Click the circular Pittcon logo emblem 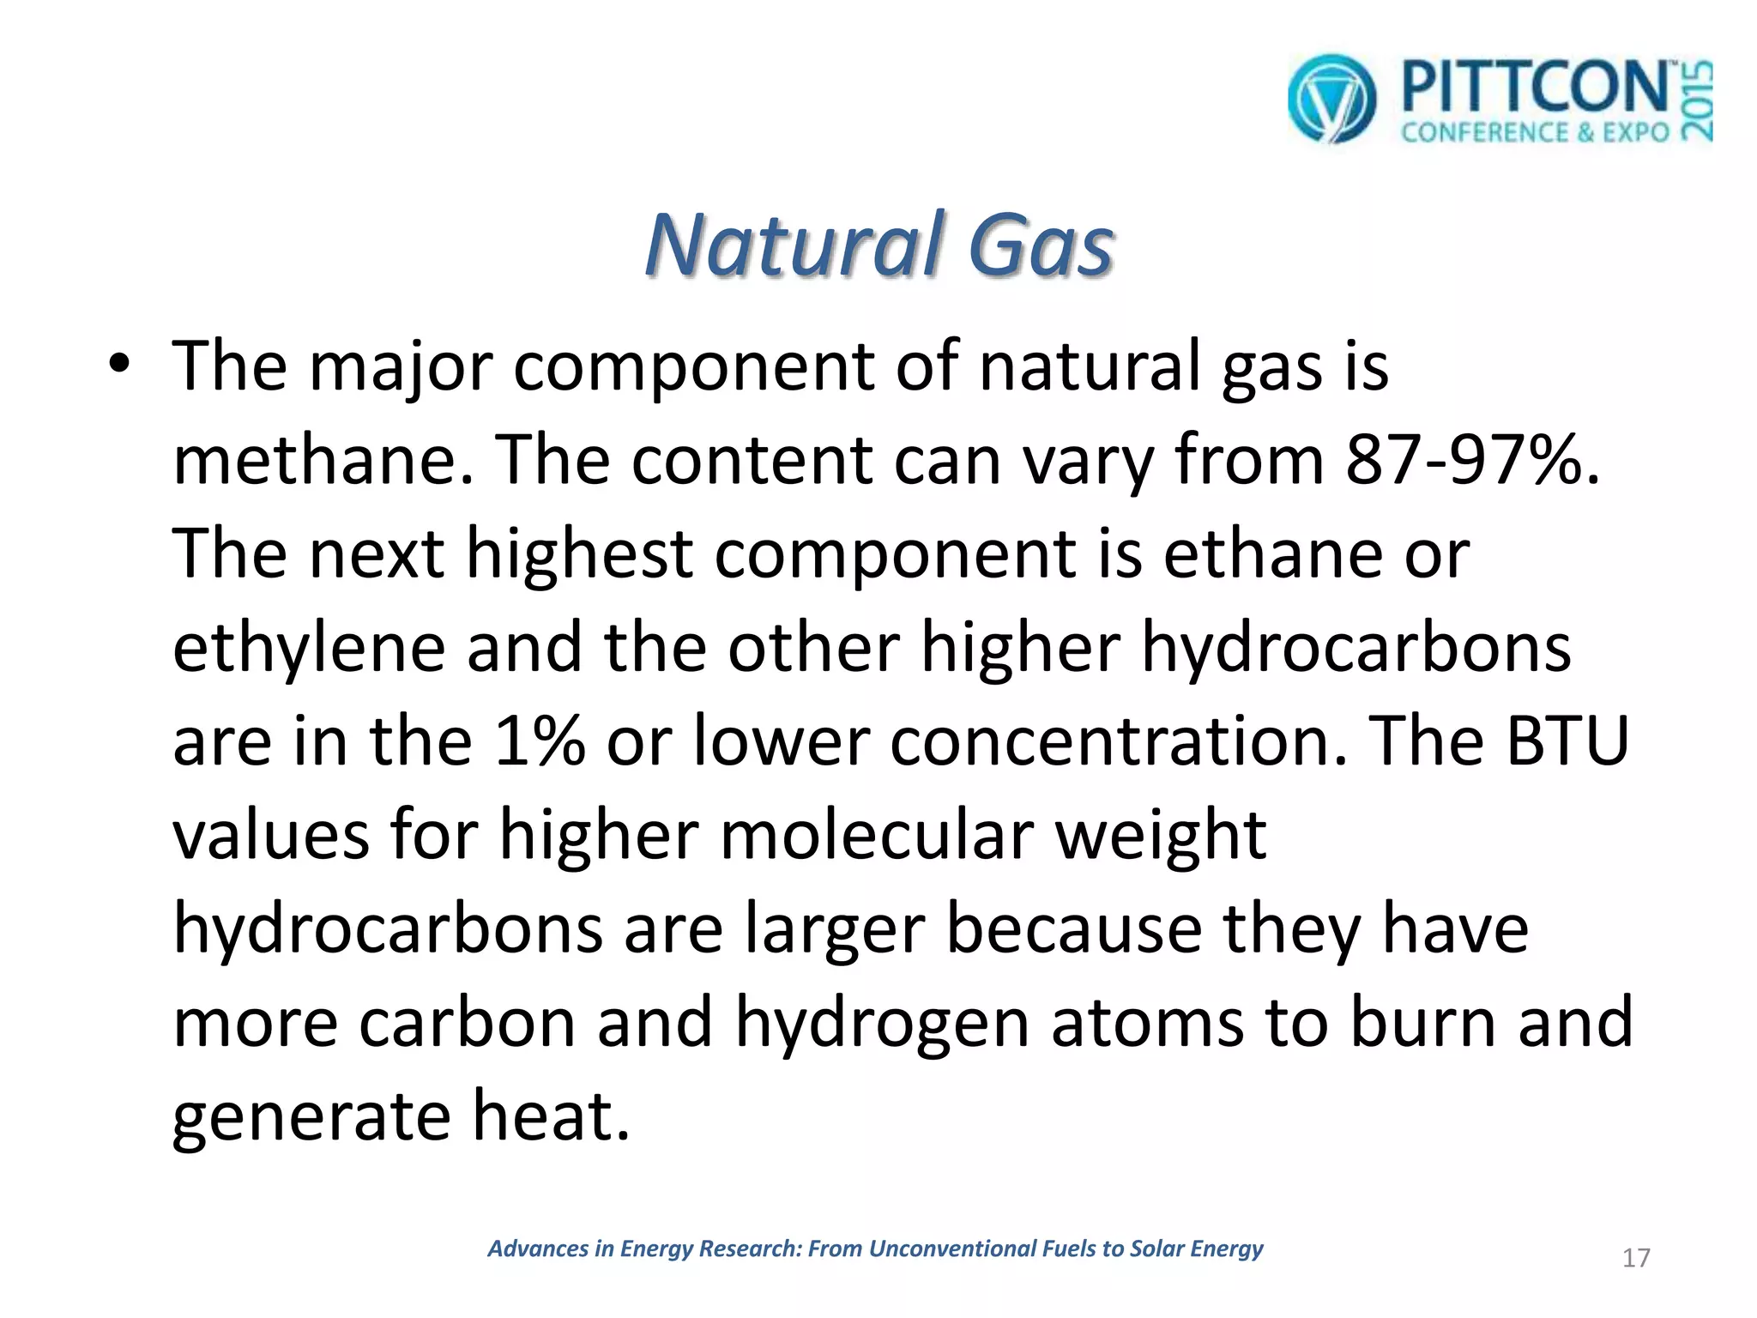pos(1331,100)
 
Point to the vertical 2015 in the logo pos(1696,101)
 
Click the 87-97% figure pos(1472,461)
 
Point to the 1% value pos(540,742)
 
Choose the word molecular pos(877,835)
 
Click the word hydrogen pos(882,1025)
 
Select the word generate pos(311,1117)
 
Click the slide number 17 pos(1636,1258)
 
